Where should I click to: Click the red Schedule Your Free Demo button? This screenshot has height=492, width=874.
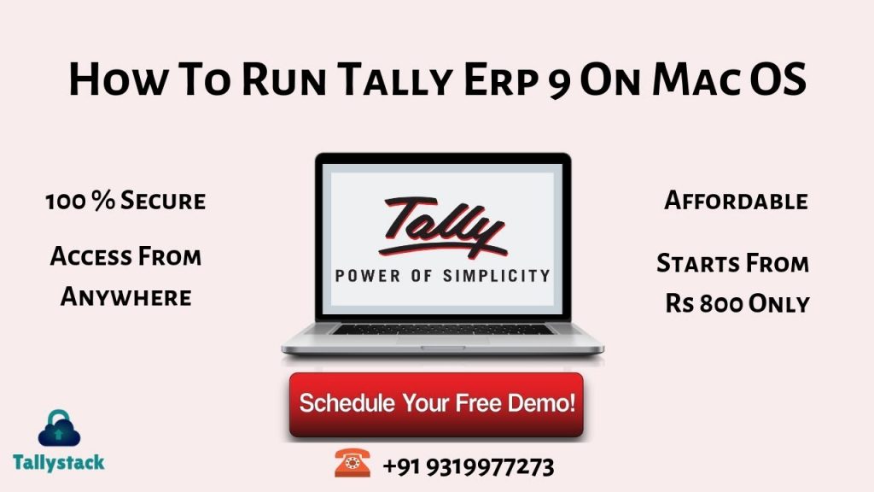pos(436,404)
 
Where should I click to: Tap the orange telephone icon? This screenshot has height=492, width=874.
pos(353,462)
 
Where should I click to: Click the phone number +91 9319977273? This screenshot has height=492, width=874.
pos(469,467)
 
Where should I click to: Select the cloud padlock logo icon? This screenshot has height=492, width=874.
pos(59,429)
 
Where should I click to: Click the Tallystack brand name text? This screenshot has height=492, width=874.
pos(59,462)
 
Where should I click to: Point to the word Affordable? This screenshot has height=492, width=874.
pos(736,201)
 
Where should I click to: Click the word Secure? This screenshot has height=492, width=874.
pos(163,201)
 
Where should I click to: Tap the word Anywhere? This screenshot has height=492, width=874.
pos(126,296)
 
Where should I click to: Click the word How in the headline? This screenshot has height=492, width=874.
pos(118,79)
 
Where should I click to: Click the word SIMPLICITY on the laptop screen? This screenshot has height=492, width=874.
pos(496,276)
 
